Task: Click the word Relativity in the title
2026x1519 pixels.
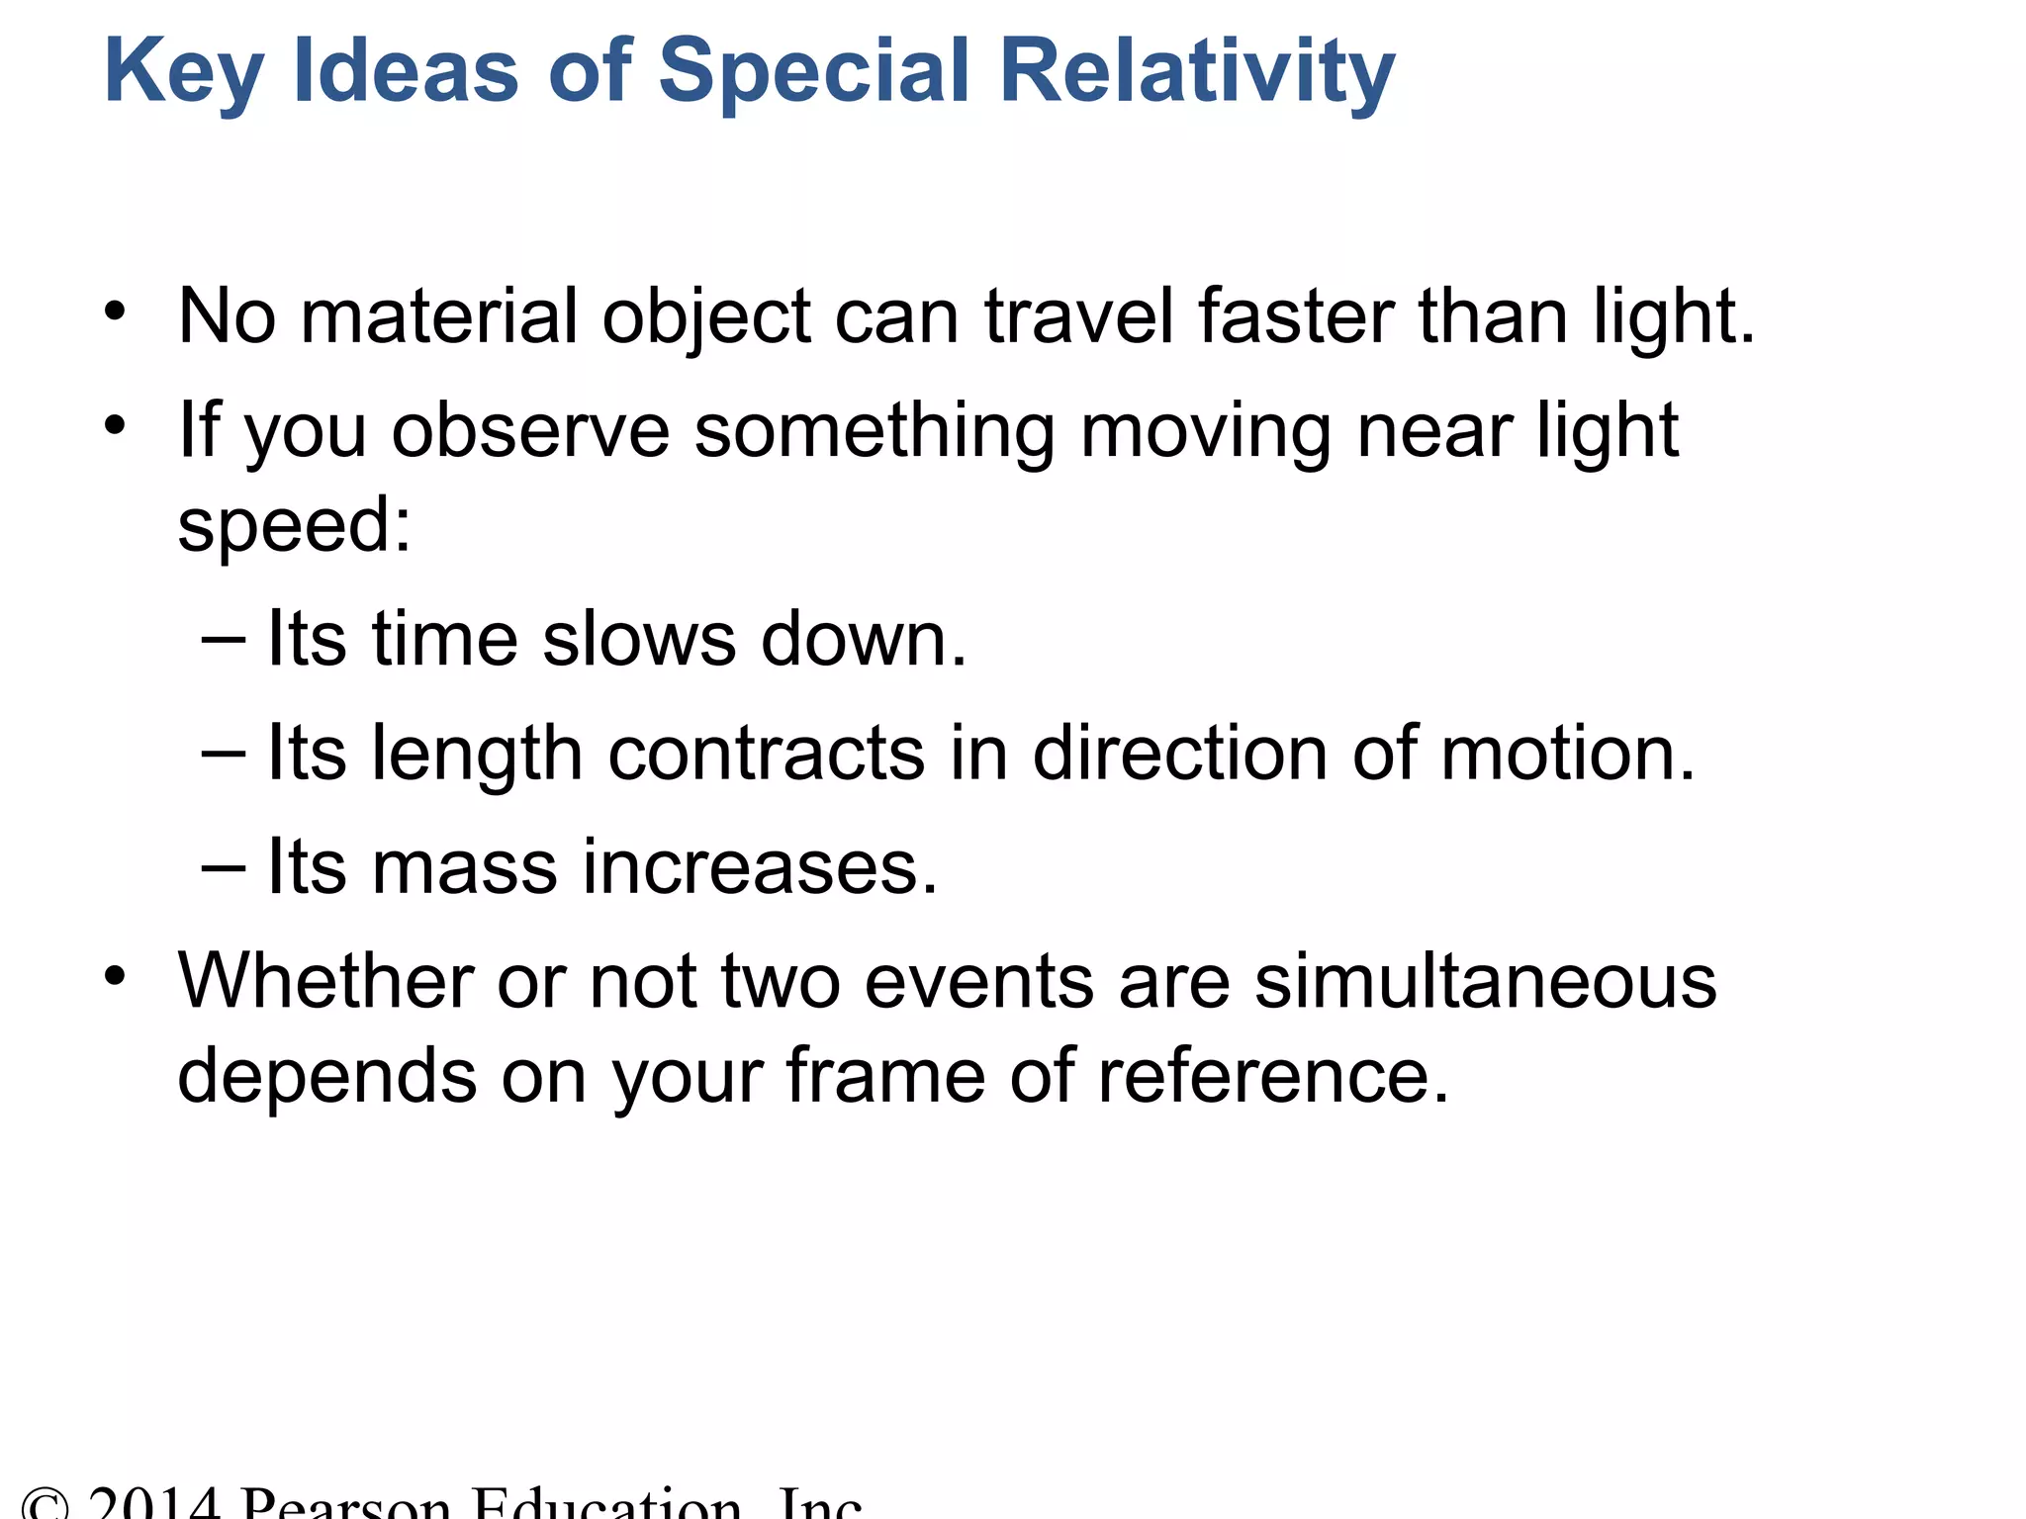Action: pyautogui.click(x=1197, y=71)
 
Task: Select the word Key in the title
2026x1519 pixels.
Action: pyautogui.click(x=183, y=71)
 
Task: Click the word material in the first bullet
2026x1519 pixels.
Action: pyautogui.click(x=438, y=316)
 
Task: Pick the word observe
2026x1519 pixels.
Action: pyautogui.click(x=530, y=431)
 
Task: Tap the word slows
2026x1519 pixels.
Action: pyautogui.click(x=639, y=639)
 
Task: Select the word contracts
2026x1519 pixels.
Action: pyautogui.click(x=767, y=754)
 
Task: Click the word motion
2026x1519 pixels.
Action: pyautogui.click(x=1568, y=754)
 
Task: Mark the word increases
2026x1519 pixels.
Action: pyautogui.click(x=760, y=867)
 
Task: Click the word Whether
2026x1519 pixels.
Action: pyautogui.click(x=323, y=981)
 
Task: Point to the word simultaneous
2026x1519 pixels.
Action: pyautogui.click(x=1485, y=981)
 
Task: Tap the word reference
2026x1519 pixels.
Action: pyautogui.click(x=1273, y=1075)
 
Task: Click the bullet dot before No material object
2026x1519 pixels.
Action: pyautogui.click(x=116, y=313)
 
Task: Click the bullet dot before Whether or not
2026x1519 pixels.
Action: pyautogui.click(x=116, y=977)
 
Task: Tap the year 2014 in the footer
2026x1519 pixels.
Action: pyautogui.click(x=153, y=1503)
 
